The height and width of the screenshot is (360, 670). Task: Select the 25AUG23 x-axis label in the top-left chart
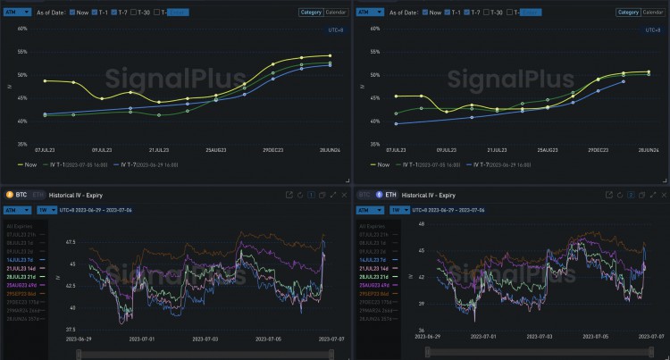coord(215,150)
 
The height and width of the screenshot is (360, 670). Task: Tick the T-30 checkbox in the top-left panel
coord(131,12)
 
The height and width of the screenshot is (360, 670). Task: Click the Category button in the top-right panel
coord(626,12)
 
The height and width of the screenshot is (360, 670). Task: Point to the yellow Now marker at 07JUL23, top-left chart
coord(44,81)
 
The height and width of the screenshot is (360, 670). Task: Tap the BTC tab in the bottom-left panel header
coord(22,194)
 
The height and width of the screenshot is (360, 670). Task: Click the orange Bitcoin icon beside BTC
coord(10,194)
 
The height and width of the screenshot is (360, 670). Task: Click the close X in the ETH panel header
coord(663,194)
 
